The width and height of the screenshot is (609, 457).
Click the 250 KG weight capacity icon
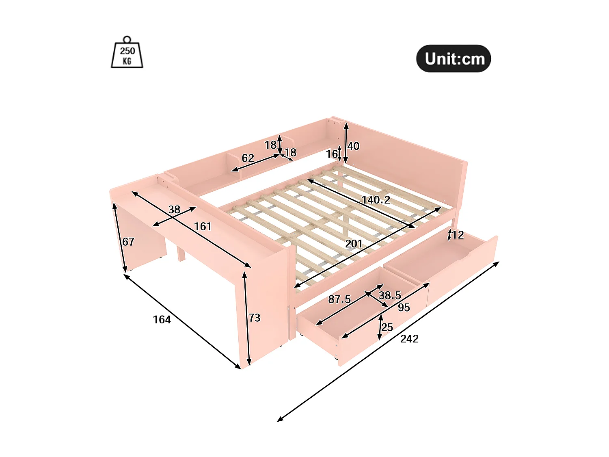tap(127, 53)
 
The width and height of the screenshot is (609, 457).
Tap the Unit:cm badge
tap(454, 59)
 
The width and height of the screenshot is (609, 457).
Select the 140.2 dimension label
tap(376, 200)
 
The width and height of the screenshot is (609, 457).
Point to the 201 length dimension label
tap(354, 244)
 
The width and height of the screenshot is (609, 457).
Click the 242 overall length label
tap(409, 339)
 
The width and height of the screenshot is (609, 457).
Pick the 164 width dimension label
tap(162, 320)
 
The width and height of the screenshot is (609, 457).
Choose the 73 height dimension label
tap(255, 318)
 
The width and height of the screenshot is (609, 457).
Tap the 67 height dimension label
tap(128, 242)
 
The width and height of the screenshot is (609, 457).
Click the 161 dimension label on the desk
tap(203, 226)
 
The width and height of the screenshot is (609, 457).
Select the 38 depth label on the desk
tap(174, 210)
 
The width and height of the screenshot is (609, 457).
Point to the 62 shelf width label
tap(248, 158)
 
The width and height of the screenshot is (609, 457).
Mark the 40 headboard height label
tap(354, 146)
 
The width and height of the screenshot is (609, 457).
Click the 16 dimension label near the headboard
tap(332, 154)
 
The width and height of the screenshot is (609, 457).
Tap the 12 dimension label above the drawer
tap(458, 235)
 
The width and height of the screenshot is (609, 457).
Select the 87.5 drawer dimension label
tap(339, 299)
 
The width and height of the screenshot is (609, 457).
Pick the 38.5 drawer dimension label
tap(390, 295)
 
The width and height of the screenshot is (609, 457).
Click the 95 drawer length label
tap(404, 308)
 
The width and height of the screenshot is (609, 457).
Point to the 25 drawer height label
tap(387, 327)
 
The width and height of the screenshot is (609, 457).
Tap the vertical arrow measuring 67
tap(120, 238)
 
